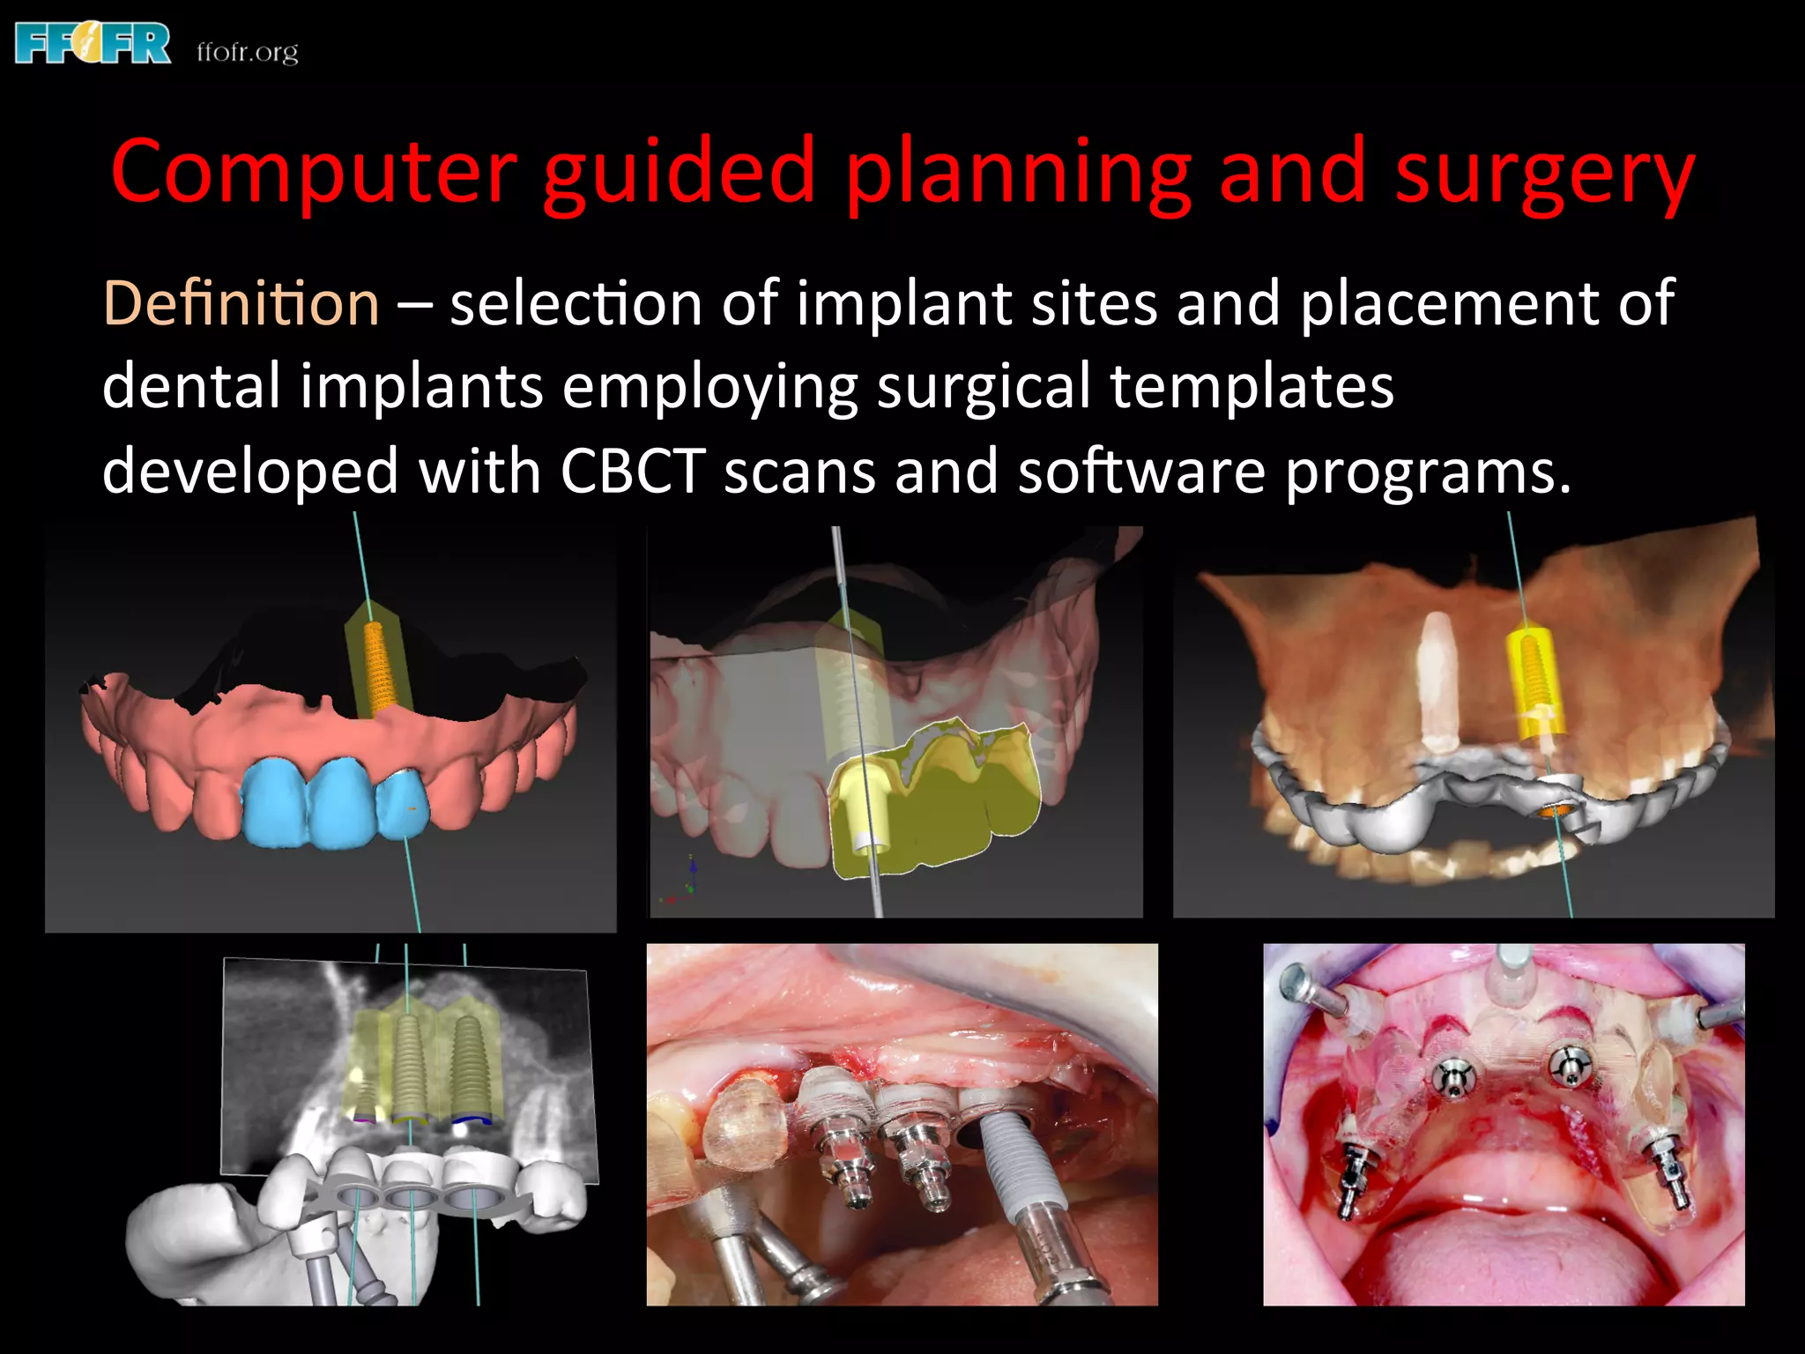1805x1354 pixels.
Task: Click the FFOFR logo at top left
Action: point(93,44)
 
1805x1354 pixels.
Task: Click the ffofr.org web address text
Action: point(248,52)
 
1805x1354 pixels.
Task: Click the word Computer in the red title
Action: point(314,172)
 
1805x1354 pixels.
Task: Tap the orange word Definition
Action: point(241,303)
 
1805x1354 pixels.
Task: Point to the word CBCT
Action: point(632,471)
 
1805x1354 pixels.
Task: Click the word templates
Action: point(1252,387)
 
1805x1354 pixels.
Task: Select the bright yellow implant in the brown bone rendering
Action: point(1538,679)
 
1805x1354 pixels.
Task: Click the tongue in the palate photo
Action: point(1498,1261)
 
